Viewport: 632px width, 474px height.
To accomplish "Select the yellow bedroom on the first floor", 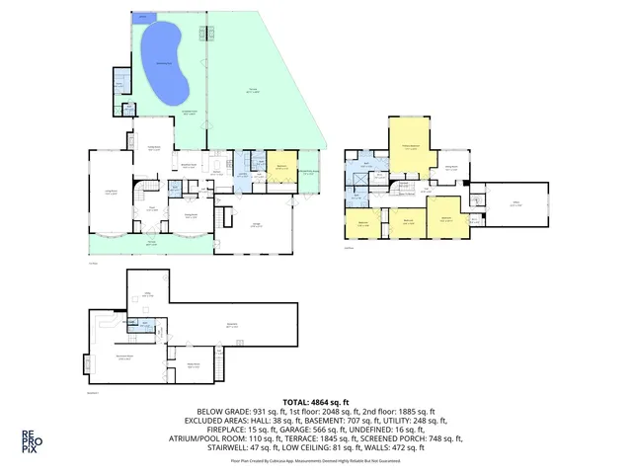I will point(281,169).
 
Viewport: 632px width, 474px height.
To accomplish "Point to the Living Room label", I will point(112,194).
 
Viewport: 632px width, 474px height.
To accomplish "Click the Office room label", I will point(515,205).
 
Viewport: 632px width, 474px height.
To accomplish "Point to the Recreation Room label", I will point(125,357).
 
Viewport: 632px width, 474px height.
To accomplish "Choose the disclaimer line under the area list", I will point(315,460).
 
